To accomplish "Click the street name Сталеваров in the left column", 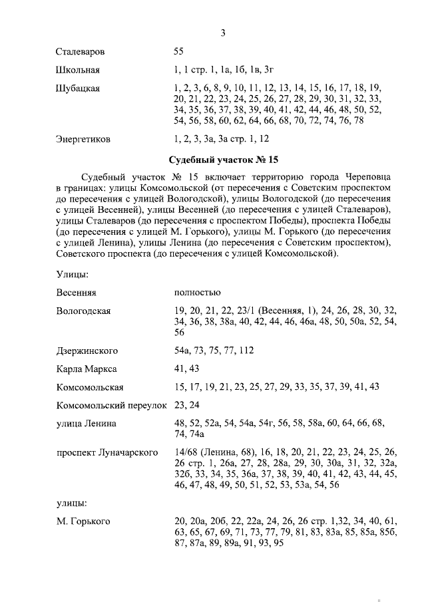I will [x=80, y=51].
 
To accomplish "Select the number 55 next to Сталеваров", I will [x=178, y=51].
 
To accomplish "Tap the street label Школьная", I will [x=78, y=70].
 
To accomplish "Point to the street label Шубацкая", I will [x=78, y=88].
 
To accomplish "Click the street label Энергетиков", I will [x=83, y=140].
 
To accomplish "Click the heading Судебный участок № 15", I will [x=224, y=160].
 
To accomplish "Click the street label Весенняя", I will [x=77, y=293].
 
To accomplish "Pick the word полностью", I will [x=197, y=293].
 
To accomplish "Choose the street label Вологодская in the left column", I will [x=83, y=311].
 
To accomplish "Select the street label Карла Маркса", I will [x=87, y=369].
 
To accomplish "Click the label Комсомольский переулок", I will [x=110, y=405].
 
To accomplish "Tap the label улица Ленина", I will [x=87, y=424].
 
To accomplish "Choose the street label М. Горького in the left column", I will [x=83, y=520].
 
